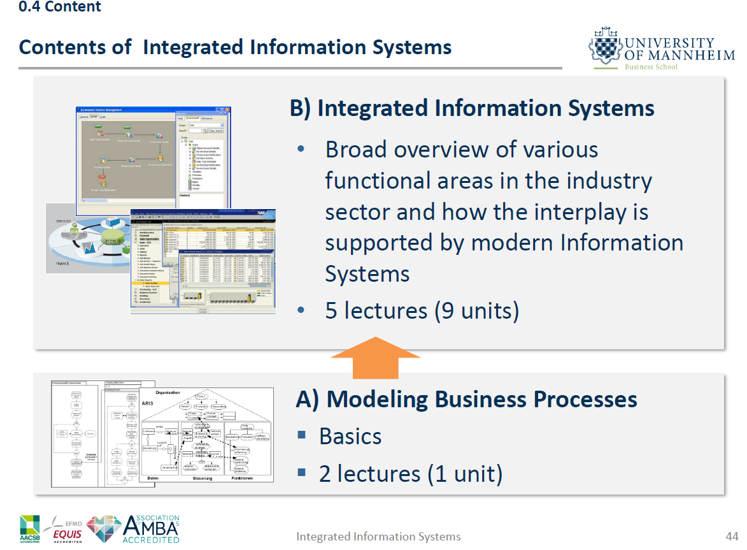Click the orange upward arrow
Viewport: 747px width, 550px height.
pos(375,358)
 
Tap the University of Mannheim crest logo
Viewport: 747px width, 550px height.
pos(605,48)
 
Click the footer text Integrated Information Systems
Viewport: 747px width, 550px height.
pos(378,537)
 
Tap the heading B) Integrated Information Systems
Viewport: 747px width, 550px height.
pos(472,108)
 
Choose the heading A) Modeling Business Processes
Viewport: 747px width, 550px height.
pos(466,399)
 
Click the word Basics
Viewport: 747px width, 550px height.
pos(350,437)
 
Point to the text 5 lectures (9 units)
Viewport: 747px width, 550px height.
pos(422,310)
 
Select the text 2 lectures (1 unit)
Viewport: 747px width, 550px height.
pos(411,474)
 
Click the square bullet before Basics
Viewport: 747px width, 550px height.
pos(302,436)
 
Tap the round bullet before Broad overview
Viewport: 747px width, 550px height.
pos(302,150)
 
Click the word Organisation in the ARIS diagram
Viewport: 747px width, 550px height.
pos(167,393)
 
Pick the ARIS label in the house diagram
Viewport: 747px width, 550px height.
pos(148,403)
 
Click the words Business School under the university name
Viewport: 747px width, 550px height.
pos(651,67)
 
